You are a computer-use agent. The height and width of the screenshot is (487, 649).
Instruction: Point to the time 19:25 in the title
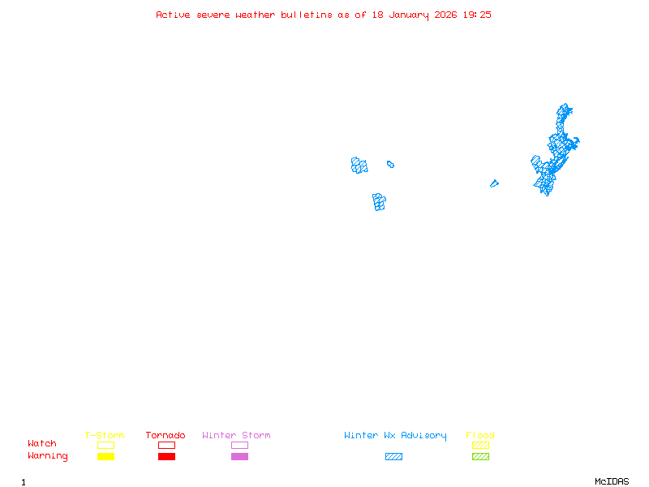click(477, 15)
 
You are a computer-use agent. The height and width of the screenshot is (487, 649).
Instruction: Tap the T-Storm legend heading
click(105, 436)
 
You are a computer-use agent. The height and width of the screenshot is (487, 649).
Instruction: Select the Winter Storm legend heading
click(236, 436)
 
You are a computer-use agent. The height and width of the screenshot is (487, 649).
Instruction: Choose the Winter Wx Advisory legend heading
click(395, 436)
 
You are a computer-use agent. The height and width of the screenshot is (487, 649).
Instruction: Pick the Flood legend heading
click(480, 436)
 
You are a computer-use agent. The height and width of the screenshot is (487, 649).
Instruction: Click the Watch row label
click(42, 444)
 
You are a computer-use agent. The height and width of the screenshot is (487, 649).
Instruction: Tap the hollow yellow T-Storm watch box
click(105, 445)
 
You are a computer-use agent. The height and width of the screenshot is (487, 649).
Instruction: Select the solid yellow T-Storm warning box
click(105, 456)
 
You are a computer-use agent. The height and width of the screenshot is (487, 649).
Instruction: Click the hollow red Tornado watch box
click(166, 445)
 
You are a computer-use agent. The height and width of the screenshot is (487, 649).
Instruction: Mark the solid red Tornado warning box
click(166, 456)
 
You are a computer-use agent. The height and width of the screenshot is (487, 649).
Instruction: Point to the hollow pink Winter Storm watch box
click(239, 445)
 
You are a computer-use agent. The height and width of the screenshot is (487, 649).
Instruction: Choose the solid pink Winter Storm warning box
click(239, 456)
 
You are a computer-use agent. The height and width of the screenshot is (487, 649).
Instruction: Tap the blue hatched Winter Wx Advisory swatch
click(393, 456)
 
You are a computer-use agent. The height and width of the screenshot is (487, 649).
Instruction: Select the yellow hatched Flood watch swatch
click(480, 445)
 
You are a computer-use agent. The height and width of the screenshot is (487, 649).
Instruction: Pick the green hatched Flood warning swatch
click(480, 456)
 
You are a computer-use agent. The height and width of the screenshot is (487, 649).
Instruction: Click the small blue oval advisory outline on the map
click(390, 164)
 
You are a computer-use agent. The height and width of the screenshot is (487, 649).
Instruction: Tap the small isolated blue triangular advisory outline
click(493, 183)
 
